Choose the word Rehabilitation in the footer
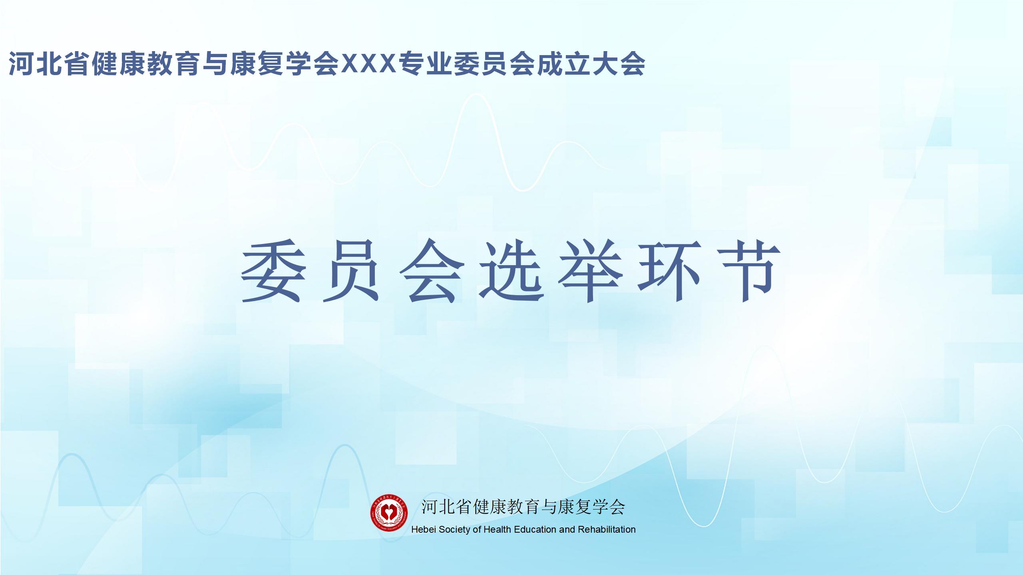[607, 529]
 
